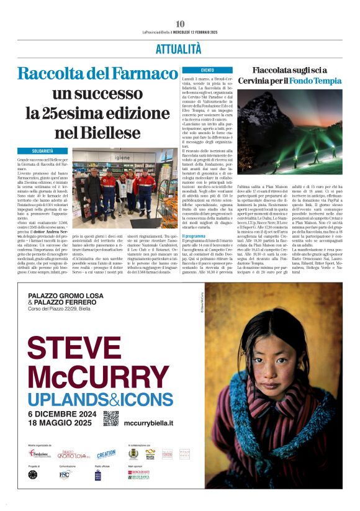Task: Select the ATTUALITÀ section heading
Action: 179,50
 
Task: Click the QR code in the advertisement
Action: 110,418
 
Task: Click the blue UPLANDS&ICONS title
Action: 100,399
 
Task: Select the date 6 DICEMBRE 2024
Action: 62,414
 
